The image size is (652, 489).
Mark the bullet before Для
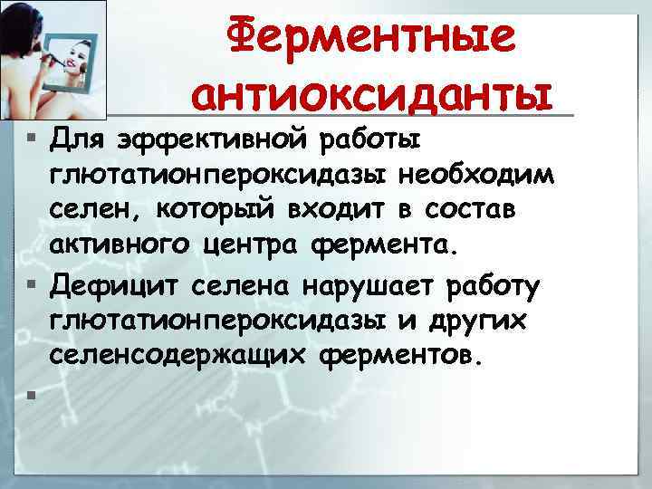point(32,141)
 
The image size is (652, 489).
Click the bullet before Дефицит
point(32,288)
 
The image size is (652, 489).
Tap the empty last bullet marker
point(32,394)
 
